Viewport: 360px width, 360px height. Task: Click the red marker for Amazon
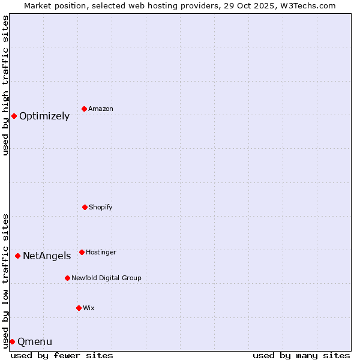[x=84, y=109]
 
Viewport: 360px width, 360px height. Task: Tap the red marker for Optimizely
[x=14, y=116]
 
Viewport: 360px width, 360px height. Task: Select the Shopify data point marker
[x=85, y=207]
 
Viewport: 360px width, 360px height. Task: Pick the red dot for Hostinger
[x=82, y=252]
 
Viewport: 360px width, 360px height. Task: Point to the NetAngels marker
[x=17, y=256]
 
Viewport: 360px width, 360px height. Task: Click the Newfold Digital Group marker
[x=67, y=278]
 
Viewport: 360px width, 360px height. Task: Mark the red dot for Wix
[x=79, y=308]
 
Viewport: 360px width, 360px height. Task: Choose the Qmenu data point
[x=12, y=341]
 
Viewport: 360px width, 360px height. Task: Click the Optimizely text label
[x=44, y=116]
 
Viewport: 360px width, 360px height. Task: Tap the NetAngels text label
[x=47, y=256]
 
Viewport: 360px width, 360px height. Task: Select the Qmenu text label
[x=35, y=342]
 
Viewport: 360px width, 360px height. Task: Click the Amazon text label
[x=101, y=109]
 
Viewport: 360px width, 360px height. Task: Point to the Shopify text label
[x=101, y=208]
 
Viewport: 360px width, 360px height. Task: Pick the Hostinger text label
[x=101, y=253]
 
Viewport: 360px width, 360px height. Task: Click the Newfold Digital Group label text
[x=106, y=278]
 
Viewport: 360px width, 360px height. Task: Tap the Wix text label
[x=89, y=308]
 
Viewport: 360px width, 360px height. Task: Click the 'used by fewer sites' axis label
[x=62, y=355]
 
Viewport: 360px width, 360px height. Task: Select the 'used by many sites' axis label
[x=301, y=355]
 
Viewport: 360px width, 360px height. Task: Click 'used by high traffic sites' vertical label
[x=5, y=85]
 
